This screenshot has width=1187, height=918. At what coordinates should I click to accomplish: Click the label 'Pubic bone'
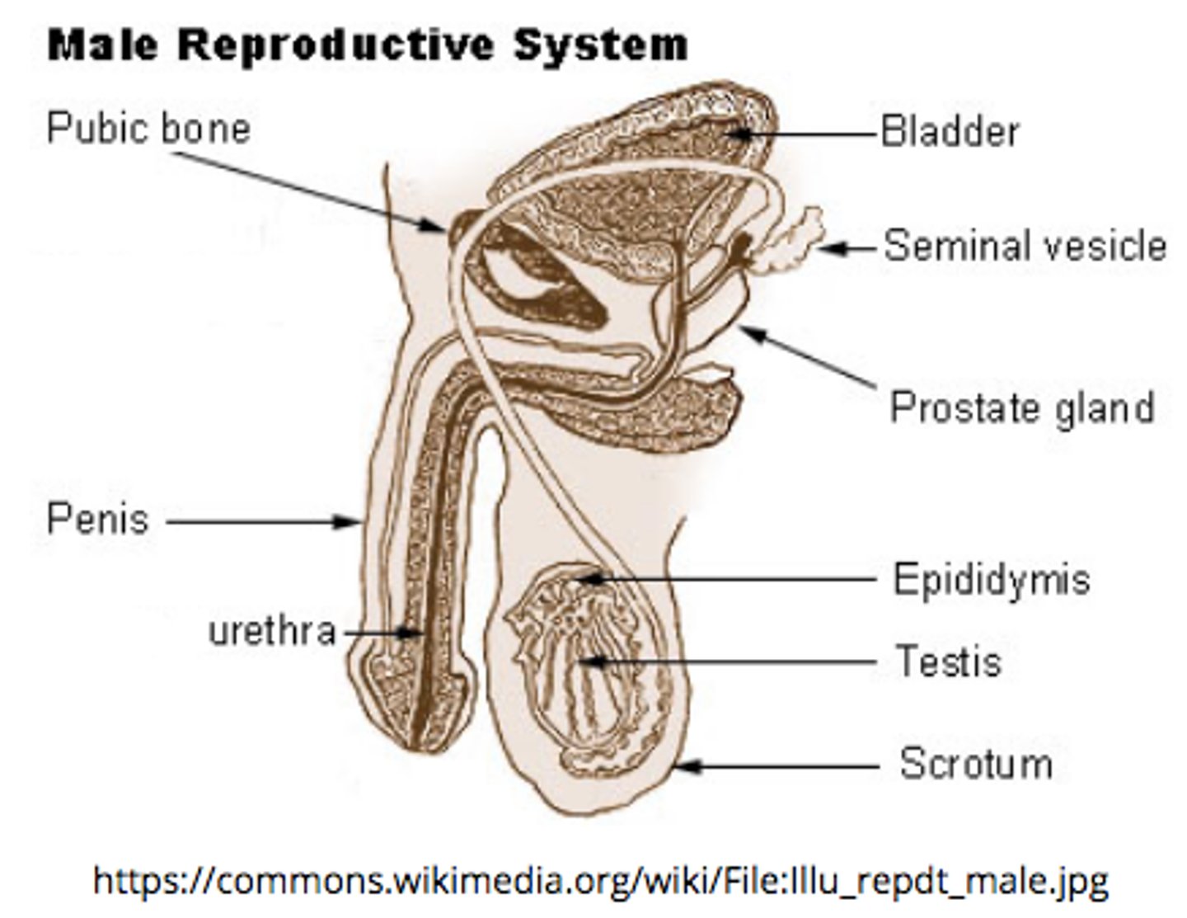pos(148,129)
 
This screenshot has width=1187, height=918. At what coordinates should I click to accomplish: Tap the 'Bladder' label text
pos(950,132)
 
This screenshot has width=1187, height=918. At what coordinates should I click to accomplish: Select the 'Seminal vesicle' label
pos(1025,246)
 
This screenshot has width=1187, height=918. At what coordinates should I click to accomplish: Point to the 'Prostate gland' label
pos(1021,407)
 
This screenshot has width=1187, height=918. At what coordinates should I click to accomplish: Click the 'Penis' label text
pos(98,520)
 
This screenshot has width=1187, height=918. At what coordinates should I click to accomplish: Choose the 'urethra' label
pos(272,632)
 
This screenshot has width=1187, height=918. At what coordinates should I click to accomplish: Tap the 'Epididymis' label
pos(992,579)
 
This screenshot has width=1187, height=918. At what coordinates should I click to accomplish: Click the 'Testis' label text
pos(948,661)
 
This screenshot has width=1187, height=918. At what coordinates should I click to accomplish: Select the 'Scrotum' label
pos(976,764)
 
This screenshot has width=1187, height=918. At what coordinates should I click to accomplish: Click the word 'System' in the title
pos(601,45)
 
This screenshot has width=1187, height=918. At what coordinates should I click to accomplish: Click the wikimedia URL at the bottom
pos(600,880)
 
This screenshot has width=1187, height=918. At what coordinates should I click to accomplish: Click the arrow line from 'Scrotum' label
pos(783,766)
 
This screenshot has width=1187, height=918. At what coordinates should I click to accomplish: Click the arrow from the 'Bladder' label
pos(812,133)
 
